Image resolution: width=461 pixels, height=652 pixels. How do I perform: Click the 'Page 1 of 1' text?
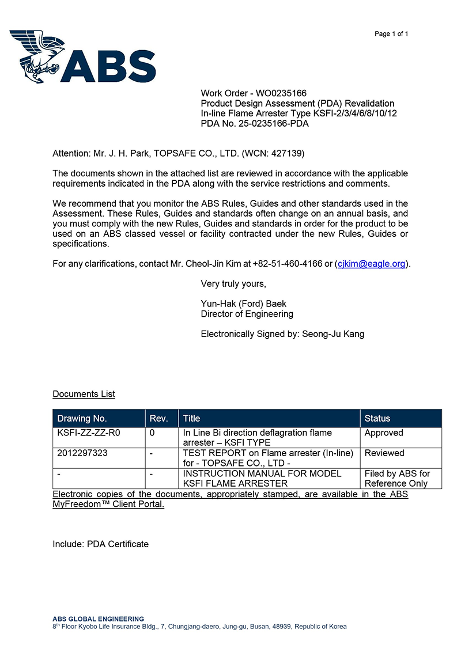point(391,34)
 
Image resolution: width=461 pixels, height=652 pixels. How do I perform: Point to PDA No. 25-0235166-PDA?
point(255,123)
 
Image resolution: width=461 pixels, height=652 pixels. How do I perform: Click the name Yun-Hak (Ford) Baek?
point(243,304)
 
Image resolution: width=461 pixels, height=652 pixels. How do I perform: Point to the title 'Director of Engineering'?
point(247,314)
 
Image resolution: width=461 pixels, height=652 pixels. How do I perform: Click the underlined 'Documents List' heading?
point(84,394)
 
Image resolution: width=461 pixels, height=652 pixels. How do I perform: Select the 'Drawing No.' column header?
point(82,419)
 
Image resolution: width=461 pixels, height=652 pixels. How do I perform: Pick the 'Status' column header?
point(377,419)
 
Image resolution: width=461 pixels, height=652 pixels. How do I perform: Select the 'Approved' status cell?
point(384,433)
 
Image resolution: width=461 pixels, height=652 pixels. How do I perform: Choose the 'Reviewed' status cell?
point(384,453)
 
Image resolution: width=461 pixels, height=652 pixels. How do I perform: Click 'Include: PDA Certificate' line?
point(100,544)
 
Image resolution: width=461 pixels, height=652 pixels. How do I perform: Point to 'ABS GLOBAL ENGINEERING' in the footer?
point(99,619)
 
